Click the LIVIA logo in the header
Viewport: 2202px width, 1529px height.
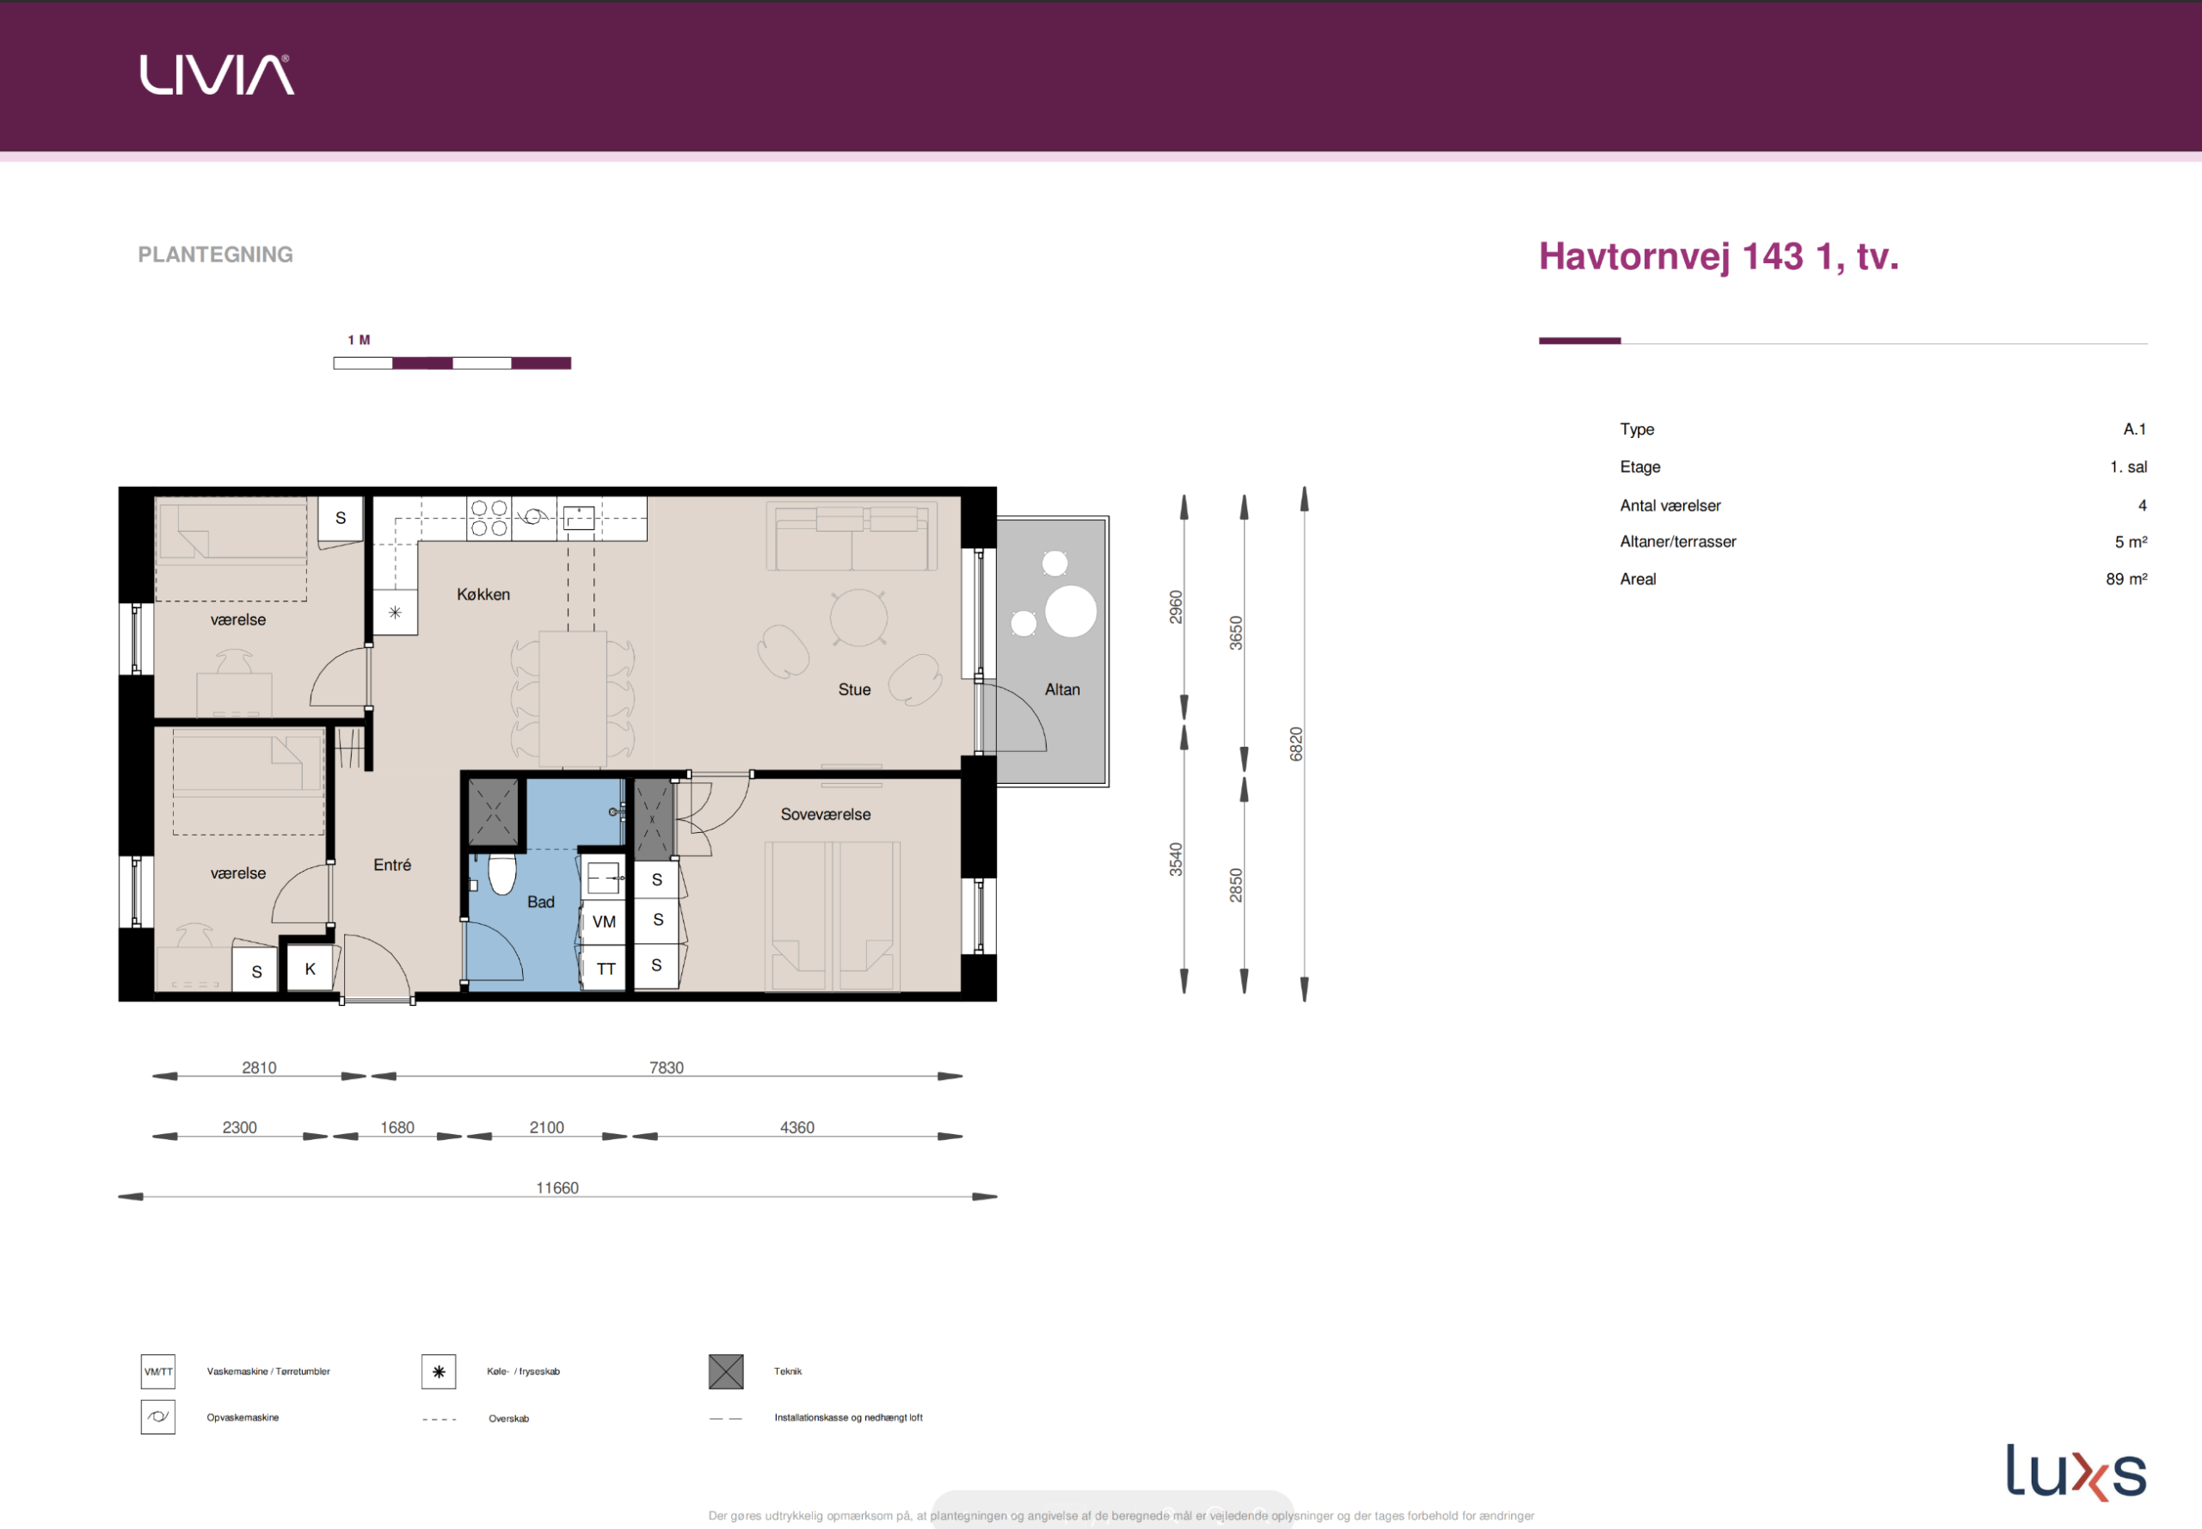[x=218, y=75]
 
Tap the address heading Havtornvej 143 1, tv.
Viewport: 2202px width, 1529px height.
[x=1719, y=256]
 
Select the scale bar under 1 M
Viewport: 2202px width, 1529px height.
[x=452, y=363]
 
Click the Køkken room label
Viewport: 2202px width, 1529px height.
[x=483, y=594]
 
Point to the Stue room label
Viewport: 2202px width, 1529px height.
[x=854, y=690]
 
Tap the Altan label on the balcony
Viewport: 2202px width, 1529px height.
[x=1062, y=690]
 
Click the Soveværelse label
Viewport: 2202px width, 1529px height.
[x=826, y=814]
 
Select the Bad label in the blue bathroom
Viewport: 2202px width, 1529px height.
[x=540, y=902]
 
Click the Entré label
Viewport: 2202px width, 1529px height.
[x=391, y=865]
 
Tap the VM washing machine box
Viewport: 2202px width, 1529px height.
[x=605, y=922]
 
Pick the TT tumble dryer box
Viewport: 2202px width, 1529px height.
[x=605, y=969]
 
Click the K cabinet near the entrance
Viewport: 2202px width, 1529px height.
[x=311, y=969]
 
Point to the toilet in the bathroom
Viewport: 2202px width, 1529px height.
[x=501, y=872]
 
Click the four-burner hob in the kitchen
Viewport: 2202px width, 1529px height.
[x=489, y=518]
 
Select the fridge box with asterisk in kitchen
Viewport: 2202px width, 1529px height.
[x=395, y=612]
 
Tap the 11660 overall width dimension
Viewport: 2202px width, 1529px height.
[x=557, y=1188]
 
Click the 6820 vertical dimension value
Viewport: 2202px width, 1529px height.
[x=1296, y=744]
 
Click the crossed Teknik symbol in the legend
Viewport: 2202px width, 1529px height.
[x=726, y=1372]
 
